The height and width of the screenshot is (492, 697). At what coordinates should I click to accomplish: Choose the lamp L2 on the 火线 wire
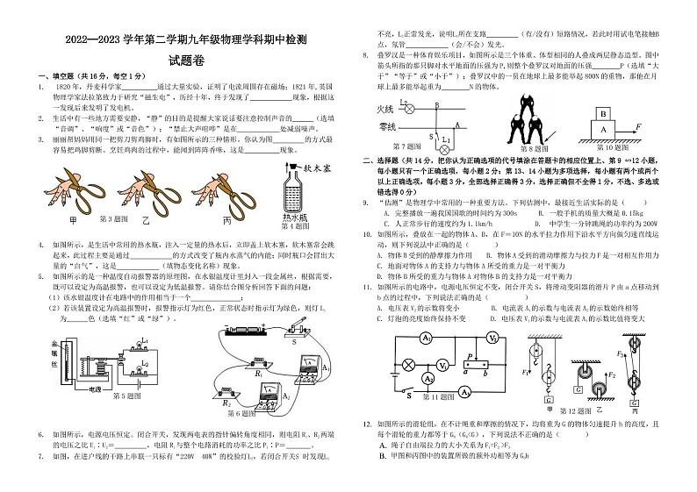(x=403, y=108)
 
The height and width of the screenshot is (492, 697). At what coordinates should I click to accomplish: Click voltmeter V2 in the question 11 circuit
(x=492, y=338)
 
